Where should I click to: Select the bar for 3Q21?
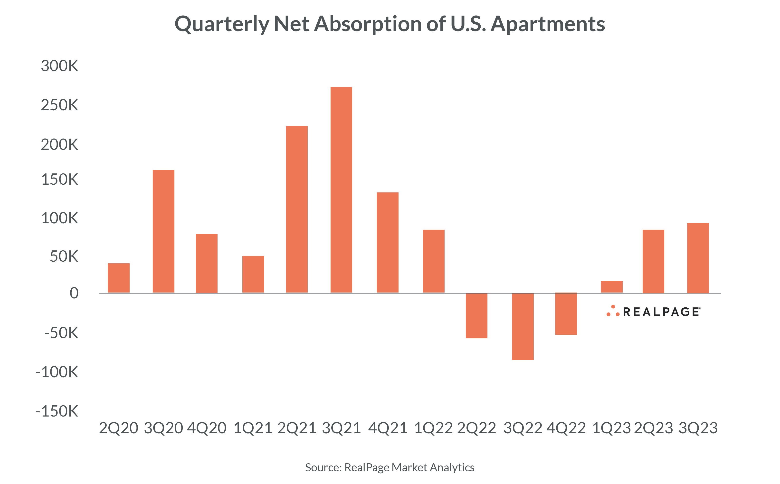click(x=341, y=190)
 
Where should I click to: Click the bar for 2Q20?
click(x=119, y=278)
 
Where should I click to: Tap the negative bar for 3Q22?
click(x=523, y=326)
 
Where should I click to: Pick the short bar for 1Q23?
click(x=612, y=287)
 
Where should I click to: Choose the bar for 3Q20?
click(x=163, y=231)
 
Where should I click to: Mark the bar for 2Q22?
click(x=476, y=316)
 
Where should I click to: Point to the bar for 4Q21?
click(x=388, y=242)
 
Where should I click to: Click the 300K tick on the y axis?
click(x=59, y=66)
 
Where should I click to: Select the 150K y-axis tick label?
click(x=59, y=180)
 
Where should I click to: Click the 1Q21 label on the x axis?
click(x=253, y=428)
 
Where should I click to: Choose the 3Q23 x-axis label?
click(x=698, y=428)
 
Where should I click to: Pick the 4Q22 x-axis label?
click(x=566, y=428)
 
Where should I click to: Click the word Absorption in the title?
click(x=367, y=24)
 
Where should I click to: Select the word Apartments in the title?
click(x=547, y=24)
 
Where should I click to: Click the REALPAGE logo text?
click(x=661, y=312)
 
